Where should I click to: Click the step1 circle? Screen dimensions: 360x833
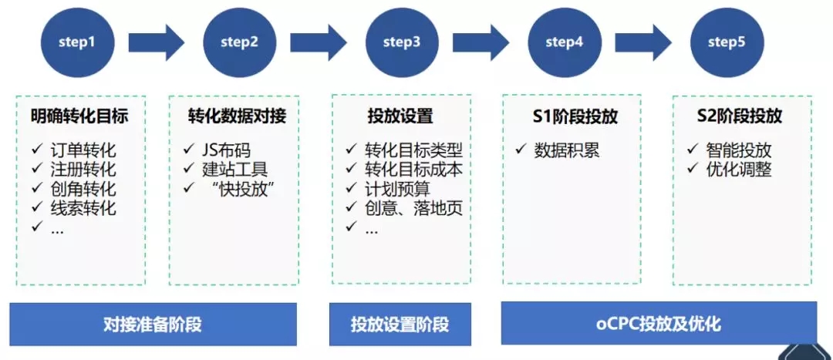[77, 42]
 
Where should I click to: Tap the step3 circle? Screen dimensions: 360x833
[402, 42]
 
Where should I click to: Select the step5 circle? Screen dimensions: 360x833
[727, 42]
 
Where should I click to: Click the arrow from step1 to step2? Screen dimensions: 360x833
[157, 42]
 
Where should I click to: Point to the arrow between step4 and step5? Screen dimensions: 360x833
[644, 42]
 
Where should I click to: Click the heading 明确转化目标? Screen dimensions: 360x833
[80, 116]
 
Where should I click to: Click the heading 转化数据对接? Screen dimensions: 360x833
[237, 116]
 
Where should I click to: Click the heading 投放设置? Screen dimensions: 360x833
[400, 116]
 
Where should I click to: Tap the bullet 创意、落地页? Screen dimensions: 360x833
[413, 208]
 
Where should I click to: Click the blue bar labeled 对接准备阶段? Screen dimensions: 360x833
[153, 324]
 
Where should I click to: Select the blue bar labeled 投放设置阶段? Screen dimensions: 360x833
[400, 324]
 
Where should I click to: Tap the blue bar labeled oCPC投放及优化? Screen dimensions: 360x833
[659, 323]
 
